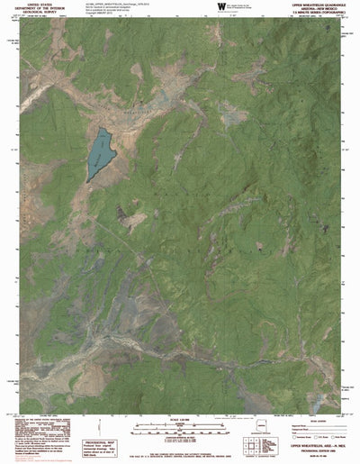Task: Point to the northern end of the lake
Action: pyautogui.click(x=105, y=128)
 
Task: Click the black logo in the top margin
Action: pyautogui.click(x=222, y=7)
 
